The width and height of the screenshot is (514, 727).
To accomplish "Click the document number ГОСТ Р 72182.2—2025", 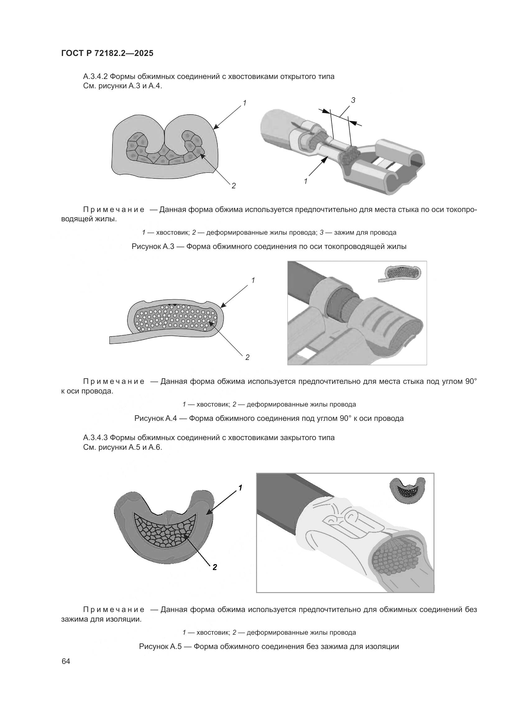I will click(x=107, y=53).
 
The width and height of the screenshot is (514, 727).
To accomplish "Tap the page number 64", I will click(x=66, y=661).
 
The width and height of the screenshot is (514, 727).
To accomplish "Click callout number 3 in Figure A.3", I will click(x=353, y=100).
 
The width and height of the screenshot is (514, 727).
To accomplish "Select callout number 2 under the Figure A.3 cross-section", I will click(x=234, y=186).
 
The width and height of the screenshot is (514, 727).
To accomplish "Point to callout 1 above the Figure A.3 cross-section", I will click(x=245, y=103).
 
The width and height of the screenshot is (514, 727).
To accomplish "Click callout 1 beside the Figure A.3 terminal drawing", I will click(x=305, y=182).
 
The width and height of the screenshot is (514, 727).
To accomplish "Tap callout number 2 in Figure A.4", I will click(x=247, y=357).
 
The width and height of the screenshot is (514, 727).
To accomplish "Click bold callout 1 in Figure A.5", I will click(x=240, y=488).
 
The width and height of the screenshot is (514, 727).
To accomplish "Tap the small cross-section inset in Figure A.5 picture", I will click(x=407, y=490).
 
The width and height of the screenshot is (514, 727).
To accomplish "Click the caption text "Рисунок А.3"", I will click(x=153, y=246).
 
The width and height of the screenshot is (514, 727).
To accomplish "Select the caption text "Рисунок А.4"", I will click(x=155, y=418).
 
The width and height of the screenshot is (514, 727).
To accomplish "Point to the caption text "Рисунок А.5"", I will click(x=160, y=646).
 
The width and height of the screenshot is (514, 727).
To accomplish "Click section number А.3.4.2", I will click(x=96, y=77).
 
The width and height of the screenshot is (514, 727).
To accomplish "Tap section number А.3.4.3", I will click(x=96, y=438).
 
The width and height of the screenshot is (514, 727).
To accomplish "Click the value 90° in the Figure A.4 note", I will click(x=470, y=381).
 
